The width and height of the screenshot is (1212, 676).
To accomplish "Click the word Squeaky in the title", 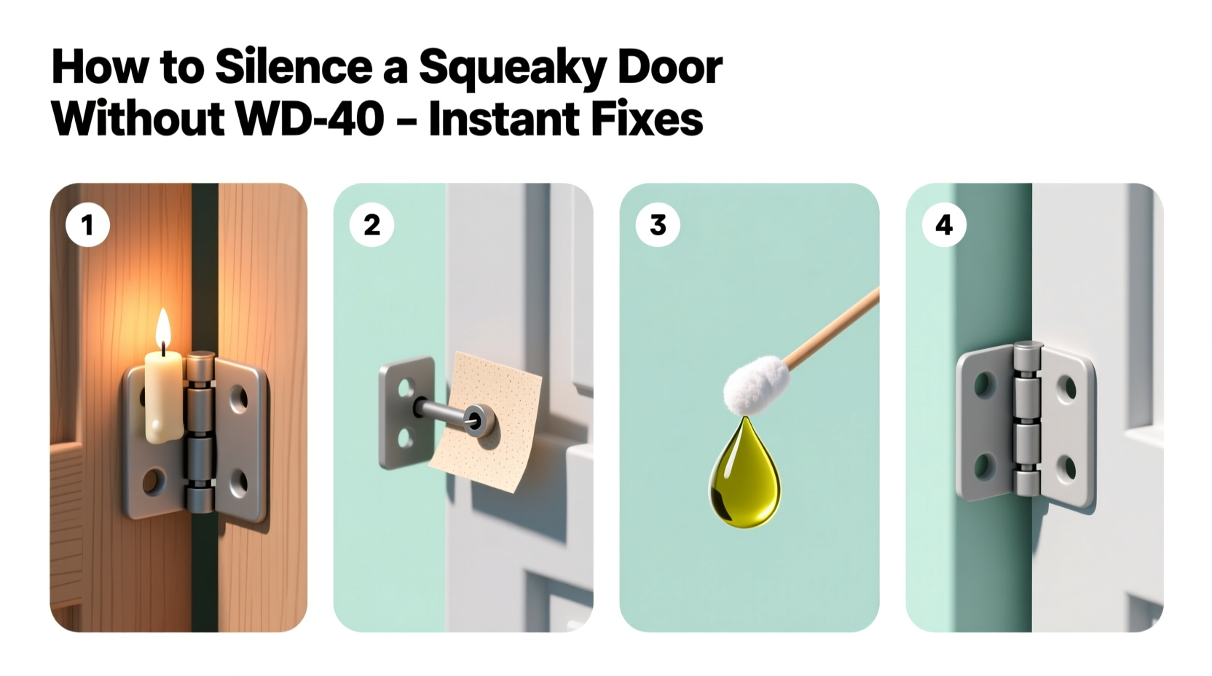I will pyautogui.click(x=511, y=68).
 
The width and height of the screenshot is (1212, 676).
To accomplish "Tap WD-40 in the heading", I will pyautogui.click(x=310, y=119).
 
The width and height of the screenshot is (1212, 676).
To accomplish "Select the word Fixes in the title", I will pyautogui.click(x=639, y=119).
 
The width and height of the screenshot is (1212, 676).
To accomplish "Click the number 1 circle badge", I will pyautogui.click(x=87, y=225).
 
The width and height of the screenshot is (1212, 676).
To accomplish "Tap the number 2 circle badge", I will pyautogui.click(x=371, y=225).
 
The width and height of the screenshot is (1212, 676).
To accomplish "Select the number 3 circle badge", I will pyautogui.click(x=658, y=225).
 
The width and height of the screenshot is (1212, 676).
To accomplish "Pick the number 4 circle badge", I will pyautogui.click(x=944, y=225).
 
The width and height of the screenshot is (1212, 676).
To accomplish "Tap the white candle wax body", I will pyautogui.click(x=164, y=397).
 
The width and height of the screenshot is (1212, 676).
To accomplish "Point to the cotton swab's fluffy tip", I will pyautogui.click(x=757, y=386).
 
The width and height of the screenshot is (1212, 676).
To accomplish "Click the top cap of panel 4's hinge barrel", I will pyautogui.click(x=1027, y=350).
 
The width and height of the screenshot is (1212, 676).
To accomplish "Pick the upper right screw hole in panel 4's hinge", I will pyautogui.click(x=1067, y=388).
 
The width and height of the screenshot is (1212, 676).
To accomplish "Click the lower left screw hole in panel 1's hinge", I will pyautogui.click(x=154, y=480).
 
